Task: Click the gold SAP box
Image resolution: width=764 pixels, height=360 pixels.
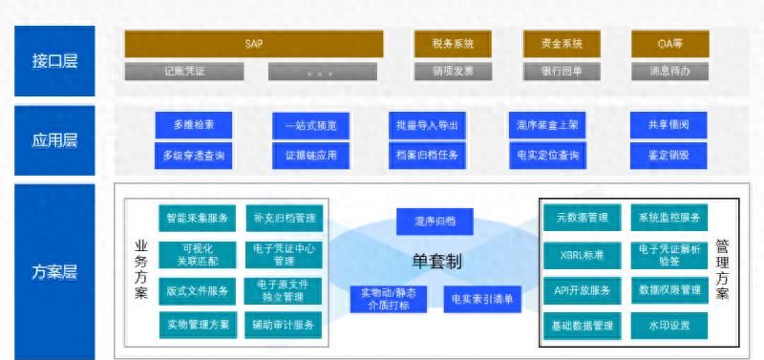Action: (x=253, y=43)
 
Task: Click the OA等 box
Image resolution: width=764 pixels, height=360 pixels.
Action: (x=669, y=43)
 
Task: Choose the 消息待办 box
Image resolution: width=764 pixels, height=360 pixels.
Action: (x=669, y=71)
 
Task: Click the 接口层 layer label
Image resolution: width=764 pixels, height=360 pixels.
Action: (x=55, y=60)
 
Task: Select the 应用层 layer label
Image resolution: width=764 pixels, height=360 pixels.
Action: (x=55, y=140)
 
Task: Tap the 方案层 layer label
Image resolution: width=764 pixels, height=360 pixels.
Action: (x=55, y=271)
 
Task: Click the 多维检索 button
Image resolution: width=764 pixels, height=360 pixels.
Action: (x=194, y=125)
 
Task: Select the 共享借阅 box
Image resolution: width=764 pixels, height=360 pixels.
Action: (x=668, y=125)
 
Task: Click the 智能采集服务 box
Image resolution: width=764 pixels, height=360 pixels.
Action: (x=196, y=218)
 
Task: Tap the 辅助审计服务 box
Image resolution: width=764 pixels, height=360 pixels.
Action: (x=284, y=326)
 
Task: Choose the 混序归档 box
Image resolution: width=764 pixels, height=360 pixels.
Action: (x=435, y=222)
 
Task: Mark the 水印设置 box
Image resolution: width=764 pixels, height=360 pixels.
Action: (x=668, y=326)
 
